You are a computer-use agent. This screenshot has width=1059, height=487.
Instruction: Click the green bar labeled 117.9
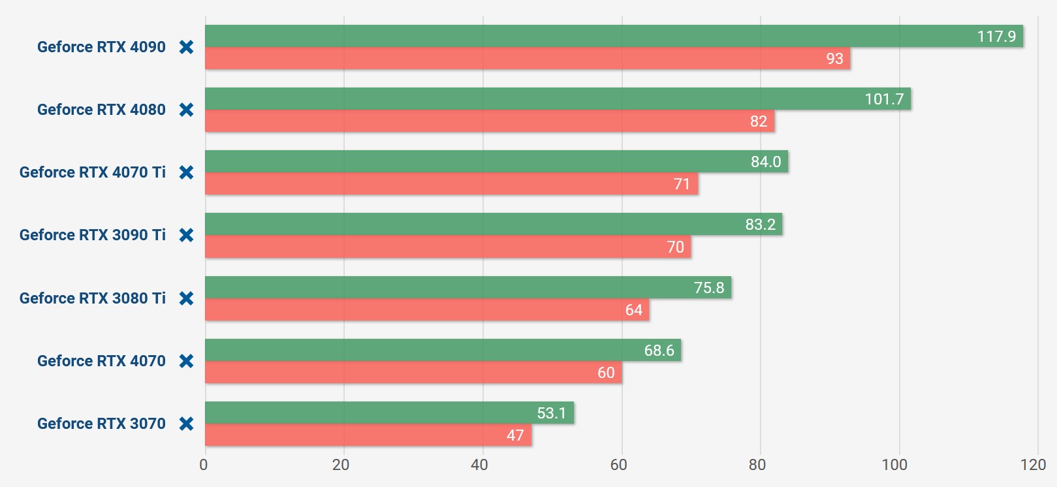click(x=614, y=36)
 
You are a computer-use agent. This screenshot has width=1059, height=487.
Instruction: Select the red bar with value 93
click(x=528, y=59)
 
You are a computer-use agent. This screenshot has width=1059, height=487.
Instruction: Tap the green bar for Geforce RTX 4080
click(x=558, y=99)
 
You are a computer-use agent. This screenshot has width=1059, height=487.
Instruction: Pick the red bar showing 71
click(x=451, y=184)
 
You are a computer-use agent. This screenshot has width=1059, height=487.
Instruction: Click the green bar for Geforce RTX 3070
click(x=389, y=413)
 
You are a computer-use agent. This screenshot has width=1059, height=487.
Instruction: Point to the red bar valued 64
click(x=427, y=310)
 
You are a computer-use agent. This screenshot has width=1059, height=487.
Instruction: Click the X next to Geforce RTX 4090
click(x=186, y=47)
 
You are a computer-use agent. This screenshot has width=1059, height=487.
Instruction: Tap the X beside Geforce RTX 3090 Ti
click(x=186, y=235)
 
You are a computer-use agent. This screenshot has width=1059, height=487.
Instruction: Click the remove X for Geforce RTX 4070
click(x=186, y=361)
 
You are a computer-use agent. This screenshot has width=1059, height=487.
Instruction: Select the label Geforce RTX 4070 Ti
click(x=93, y=172)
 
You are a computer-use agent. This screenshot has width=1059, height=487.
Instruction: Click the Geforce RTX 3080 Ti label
click(x=93, y=298)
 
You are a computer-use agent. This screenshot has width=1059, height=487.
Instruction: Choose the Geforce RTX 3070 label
click(x=101, y=424)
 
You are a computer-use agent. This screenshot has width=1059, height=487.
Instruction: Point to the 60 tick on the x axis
click(x=618, y=465)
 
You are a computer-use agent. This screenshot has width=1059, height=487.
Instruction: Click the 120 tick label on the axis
click(x=1033, y=465)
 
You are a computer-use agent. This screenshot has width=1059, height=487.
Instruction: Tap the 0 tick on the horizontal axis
click(x=204, y=465)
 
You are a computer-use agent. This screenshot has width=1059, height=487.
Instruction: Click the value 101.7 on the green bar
click(x=884, y=99)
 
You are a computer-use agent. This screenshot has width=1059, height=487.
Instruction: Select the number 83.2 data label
click(x=760, y=225)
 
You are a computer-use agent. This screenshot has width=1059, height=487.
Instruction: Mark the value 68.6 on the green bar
click(x=659, y=351)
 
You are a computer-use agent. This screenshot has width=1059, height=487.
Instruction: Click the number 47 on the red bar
click(x=515, y=435)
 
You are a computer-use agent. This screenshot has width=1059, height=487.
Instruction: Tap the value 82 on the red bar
click(x=759, y=121)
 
